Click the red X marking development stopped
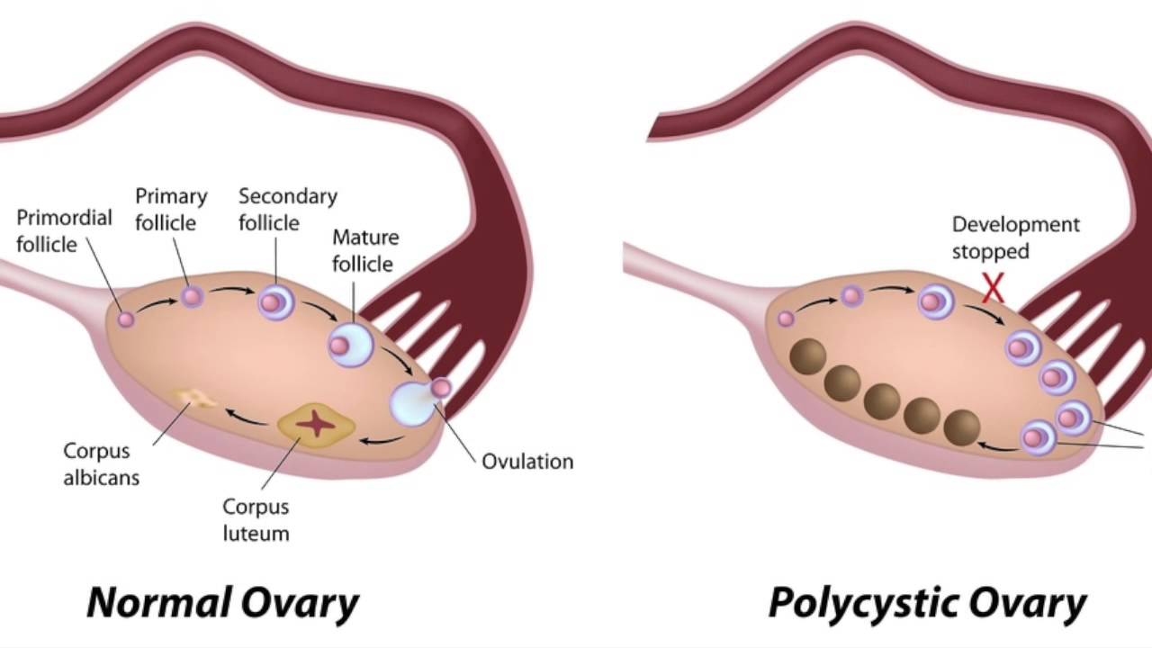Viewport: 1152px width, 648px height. click(993, 288)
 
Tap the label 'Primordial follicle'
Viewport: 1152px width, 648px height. click(64, 230)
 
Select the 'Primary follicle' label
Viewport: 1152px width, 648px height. click(171, 209)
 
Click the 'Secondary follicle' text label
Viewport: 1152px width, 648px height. click(288, 209)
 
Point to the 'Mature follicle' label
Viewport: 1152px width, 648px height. click(365, 250)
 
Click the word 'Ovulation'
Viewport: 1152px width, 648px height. click(527, 462)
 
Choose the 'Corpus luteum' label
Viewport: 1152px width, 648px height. click(256, 519)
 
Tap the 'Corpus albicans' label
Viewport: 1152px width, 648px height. click(102, 463)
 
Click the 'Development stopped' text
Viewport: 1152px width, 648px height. click(1016, 238)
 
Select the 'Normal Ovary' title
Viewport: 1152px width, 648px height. click(222, 602)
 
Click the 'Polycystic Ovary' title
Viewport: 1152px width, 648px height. click(927, 602)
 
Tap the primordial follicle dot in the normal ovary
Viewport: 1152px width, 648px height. click(126, 319)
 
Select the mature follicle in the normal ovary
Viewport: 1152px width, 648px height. click(350, 344)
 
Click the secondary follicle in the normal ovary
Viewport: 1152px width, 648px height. click(275, 302)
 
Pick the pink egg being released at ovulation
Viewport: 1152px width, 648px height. click(441, 388)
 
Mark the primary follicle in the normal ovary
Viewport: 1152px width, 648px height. click(191, 296)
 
